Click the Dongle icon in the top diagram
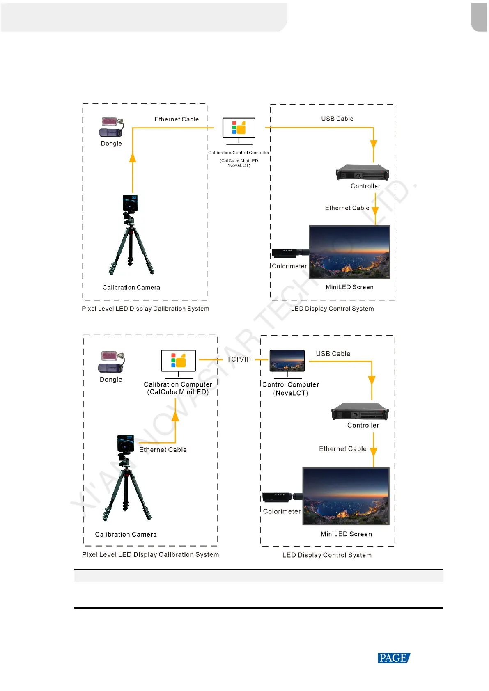pos(111,127)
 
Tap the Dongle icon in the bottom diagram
pos(111,362)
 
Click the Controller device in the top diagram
pos(363,173)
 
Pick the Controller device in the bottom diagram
pos(360,412)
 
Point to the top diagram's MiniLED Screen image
pos(349,252)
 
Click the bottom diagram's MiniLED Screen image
pos(346,496)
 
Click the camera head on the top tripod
pos(130,203)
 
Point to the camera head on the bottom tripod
pos(125,443)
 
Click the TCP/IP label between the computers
pos(239,359)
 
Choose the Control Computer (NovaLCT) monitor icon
pos(287,361)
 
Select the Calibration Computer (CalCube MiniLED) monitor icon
pos(178,361)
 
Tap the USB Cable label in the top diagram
pos(337,119)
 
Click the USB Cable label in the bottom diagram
pos(333,354)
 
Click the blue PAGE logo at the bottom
pos(393,658)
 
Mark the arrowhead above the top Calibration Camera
pos(133,158)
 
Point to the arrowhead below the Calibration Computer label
pos(175,416)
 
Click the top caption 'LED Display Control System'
pos(332,309)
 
